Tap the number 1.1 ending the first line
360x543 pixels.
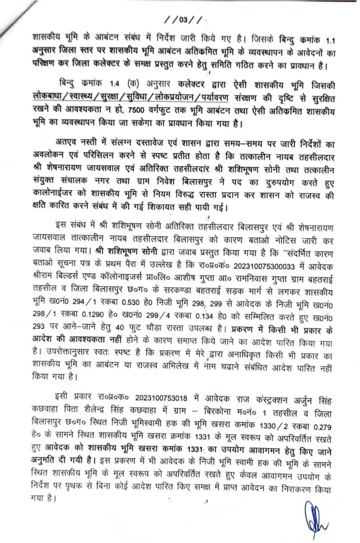coord(328,41)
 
